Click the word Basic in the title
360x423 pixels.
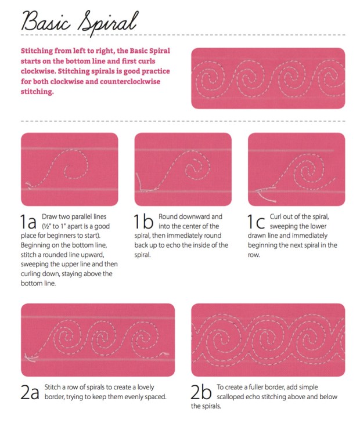(46, 21)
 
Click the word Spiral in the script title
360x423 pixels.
(109, 23)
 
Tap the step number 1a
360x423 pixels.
(28, 222)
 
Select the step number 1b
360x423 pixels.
(143, 222)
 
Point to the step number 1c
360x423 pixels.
(256, 222)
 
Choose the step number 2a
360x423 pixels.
(30, 392)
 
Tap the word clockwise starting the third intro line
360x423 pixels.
(38, 71)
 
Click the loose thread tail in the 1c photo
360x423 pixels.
(267, 197)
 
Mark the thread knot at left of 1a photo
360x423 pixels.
(28, 185)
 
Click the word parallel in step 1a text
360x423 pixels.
(82, 216)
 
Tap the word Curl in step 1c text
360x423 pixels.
(275, 216)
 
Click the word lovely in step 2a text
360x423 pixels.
(146, 388)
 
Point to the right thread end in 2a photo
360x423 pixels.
(164, 353)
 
